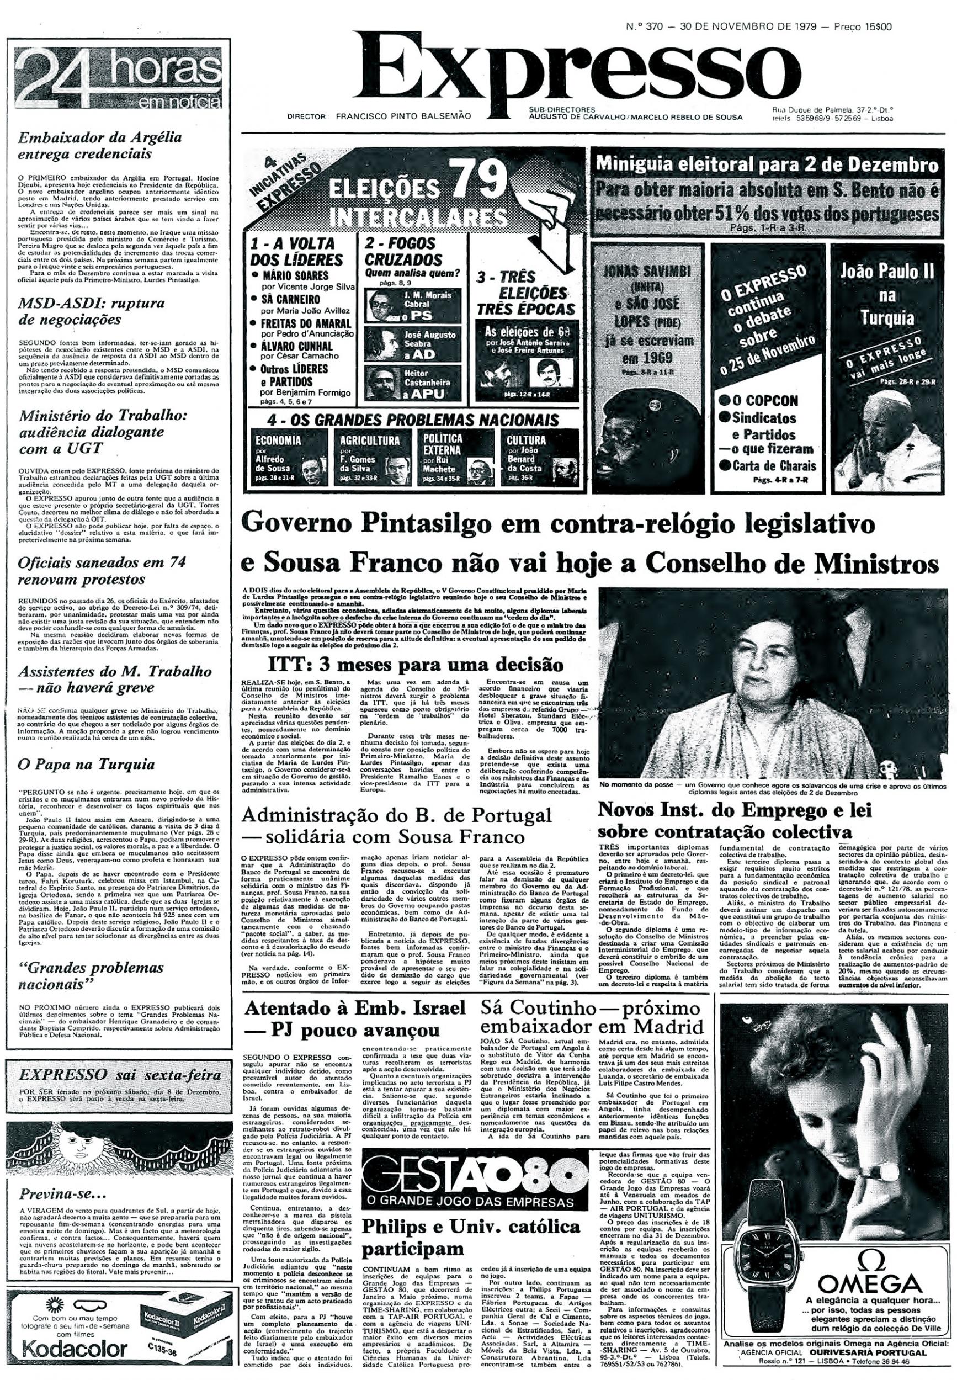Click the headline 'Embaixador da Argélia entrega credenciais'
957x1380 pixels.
pos(99,145)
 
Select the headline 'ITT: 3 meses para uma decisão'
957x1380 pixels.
pos(415,665)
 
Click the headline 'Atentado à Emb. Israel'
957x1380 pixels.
pos(355,1008)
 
